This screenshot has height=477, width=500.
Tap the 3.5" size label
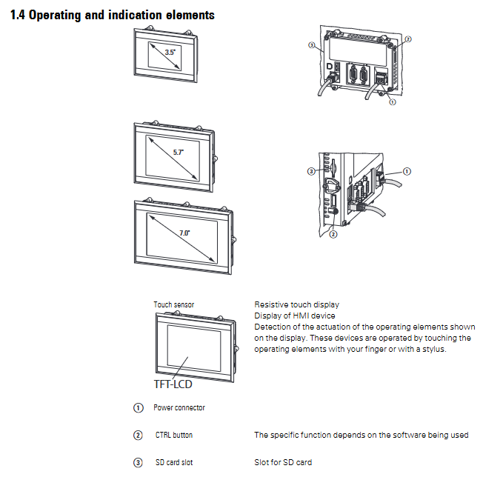click(x=170, y=53)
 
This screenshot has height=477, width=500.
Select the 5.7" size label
click(x=178, y=151)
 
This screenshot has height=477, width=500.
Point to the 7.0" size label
click(x=184, y=233)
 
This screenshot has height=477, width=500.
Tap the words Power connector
click(x=179, y=407)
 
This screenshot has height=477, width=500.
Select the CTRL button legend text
click(x=174, y=435)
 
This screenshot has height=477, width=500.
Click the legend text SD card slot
click(x=174, y=462)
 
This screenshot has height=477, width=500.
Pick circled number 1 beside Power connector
click(x=138, y=407)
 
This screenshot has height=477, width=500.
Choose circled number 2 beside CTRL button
click(x=138, y=435)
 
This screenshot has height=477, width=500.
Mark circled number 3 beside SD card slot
click(x=138, y=462)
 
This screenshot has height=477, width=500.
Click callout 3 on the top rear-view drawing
click(x=311, y=44)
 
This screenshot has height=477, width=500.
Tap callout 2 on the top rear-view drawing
click(x=407, y=38)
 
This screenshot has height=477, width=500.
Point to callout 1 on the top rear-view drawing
click(x=392, y=102)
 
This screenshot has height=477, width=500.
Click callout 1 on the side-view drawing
click(x=407, y=171)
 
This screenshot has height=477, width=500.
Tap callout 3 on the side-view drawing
click(x=313, y=172)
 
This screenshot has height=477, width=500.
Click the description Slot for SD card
click(x=283, y=462)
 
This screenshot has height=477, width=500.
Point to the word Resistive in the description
click(x=270, y=304)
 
